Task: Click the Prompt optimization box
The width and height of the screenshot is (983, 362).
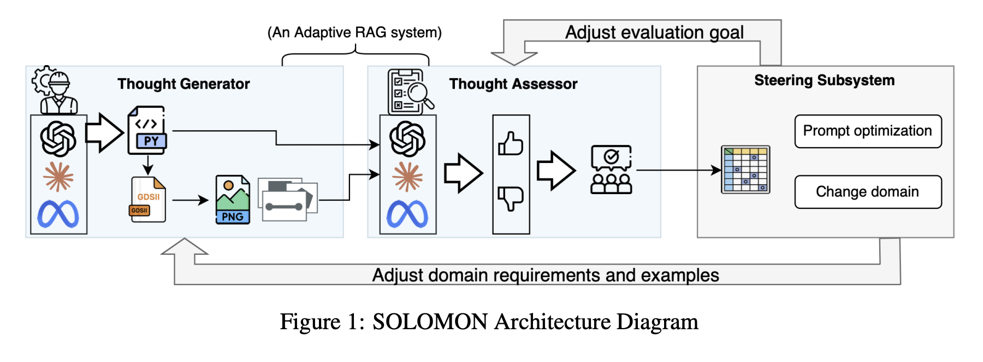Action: (x=868, y=131)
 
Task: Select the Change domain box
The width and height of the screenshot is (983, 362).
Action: (x=868, y=192)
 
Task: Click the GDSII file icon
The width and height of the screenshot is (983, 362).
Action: (x=147, y=200)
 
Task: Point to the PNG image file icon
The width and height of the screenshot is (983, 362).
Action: (x=233, y=200)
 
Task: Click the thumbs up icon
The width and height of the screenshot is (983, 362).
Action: (x=511, y=144)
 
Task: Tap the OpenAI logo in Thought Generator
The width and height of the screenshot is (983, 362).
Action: (x=58, y=138)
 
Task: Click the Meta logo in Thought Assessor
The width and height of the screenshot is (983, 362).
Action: (x=407, y=214)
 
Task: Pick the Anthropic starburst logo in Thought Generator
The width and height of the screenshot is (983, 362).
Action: (x=58, y=177)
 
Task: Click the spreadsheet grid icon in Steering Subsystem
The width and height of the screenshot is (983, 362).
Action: (x=745, y=170)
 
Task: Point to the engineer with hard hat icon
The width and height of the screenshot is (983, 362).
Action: (x=56, y=90)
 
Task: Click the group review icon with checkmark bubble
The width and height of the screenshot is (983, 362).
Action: (x=611, y=170)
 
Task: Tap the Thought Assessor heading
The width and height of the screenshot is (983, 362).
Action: (x=513, y=84)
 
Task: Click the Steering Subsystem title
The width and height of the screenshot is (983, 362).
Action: (x=824, y=80)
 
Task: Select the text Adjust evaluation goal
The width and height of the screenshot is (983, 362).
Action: (x=654, y=32)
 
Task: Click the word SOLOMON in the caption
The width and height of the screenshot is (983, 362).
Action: (x=430, y=322)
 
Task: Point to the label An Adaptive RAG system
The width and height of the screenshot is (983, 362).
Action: (x=354, y=32)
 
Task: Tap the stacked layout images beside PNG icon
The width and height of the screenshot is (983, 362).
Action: (x=287, y=199)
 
